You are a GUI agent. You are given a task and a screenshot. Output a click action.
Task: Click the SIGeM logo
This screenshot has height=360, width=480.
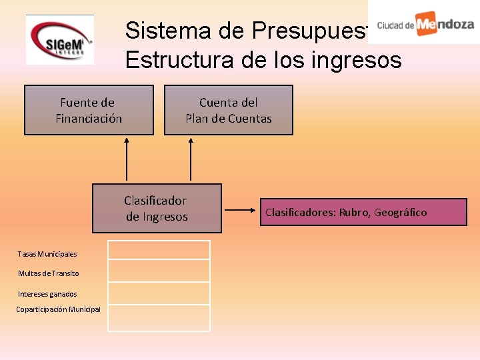59,40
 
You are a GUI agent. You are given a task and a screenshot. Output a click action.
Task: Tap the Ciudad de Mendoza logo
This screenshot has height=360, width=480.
425,24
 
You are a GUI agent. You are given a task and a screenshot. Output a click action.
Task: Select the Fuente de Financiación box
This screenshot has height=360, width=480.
89,110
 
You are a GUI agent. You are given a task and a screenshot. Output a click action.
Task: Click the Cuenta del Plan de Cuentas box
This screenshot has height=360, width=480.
229,110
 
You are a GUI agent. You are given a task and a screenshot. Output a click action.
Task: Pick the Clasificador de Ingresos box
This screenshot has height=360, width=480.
157,208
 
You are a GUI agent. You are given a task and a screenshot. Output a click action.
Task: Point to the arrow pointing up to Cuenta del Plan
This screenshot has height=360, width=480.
191,159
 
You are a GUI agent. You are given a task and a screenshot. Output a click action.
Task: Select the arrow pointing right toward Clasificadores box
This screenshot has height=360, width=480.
241,212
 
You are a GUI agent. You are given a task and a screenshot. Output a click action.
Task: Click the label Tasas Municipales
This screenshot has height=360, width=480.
47,254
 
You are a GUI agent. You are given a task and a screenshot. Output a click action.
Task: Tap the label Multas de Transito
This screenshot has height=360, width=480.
48,273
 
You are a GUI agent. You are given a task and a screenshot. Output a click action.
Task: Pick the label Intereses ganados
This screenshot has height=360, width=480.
47,294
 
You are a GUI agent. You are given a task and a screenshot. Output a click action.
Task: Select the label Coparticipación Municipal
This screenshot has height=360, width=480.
58,309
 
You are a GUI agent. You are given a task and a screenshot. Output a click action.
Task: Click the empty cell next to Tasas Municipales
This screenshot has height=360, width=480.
159,250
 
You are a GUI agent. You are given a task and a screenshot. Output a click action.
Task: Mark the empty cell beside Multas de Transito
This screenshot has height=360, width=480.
159,271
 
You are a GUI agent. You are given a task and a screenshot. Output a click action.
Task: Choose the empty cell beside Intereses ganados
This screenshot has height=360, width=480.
159,293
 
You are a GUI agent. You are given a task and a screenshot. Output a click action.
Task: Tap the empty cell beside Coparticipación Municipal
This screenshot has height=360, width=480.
159,318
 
